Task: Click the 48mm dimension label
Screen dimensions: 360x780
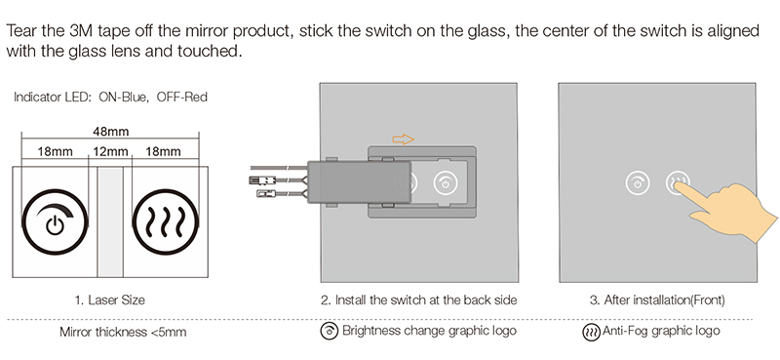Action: pos(110,131)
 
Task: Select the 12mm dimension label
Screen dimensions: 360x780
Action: pos(110,152)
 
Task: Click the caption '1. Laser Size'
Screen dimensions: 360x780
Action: pos(109,300)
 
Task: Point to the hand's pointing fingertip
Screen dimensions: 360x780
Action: pos(679,185)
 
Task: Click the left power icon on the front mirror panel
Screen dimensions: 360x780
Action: pos(637,181)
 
